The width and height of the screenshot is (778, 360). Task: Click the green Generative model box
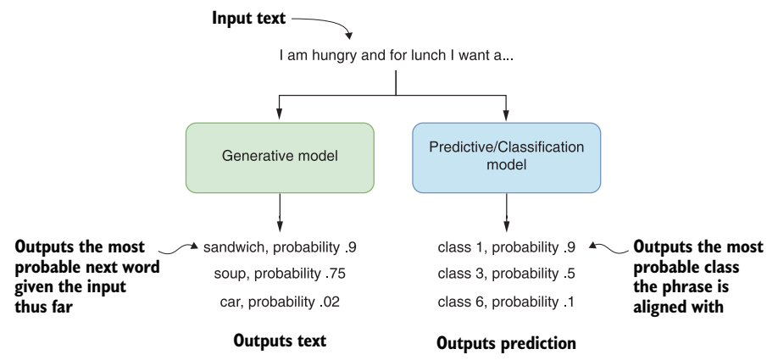[x=280, y=158]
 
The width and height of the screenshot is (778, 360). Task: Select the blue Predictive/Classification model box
[x=507, y=158]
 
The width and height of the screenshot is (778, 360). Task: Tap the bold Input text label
[x=248, y=19]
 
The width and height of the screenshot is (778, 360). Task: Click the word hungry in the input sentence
[x=335, y=56]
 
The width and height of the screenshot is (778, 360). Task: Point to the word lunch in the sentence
[x=427, y=56]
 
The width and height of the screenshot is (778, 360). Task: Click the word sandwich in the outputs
[x=233, y=247]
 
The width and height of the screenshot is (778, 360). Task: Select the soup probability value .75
[x=335, y=274]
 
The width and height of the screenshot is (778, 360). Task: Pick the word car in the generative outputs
[x=231, y=302]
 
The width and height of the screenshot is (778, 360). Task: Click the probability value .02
[x=330, y=302]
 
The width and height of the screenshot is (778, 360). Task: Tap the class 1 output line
[x=507, y=247]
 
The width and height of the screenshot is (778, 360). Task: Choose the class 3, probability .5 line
[x=507, y=274]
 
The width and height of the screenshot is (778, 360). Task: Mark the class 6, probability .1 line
[x=506, y=302]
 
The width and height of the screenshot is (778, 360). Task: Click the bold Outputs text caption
[x=280, y=341]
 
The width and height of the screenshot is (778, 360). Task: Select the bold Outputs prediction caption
[x=507, y=343]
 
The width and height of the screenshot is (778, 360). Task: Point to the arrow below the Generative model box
[x=280, y=213]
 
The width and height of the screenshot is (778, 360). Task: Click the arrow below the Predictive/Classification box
[x=507, y=213]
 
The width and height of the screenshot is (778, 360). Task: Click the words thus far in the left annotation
[x=44, y=307]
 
